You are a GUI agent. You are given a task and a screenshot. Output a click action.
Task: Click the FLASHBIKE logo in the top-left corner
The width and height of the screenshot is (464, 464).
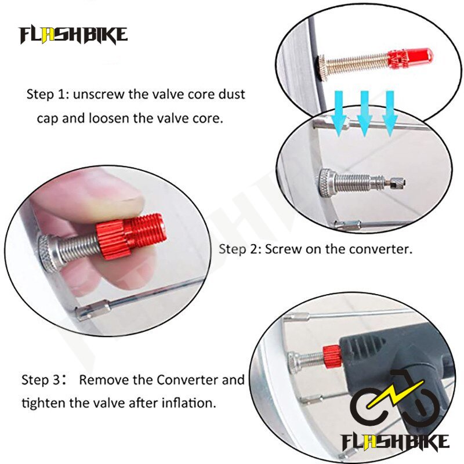(74, 35)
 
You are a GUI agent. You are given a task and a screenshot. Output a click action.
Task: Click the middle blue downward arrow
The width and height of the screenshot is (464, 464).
(365, 114)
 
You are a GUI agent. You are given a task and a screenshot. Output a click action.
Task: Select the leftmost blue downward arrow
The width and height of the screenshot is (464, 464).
(339, 114)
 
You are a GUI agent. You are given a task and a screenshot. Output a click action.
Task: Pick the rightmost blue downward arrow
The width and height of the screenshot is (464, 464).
(390, 114)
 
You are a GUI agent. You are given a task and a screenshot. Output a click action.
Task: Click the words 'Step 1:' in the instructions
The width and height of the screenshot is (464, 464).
(48, 94)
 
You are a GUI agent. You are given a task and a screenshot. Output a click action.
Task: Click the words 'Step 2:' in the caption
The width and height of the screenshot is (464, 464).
(240, 249)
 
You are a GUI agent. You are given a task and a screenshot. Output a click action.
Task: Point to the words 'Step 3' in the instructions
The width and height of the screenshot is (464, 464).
(41, 380)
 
